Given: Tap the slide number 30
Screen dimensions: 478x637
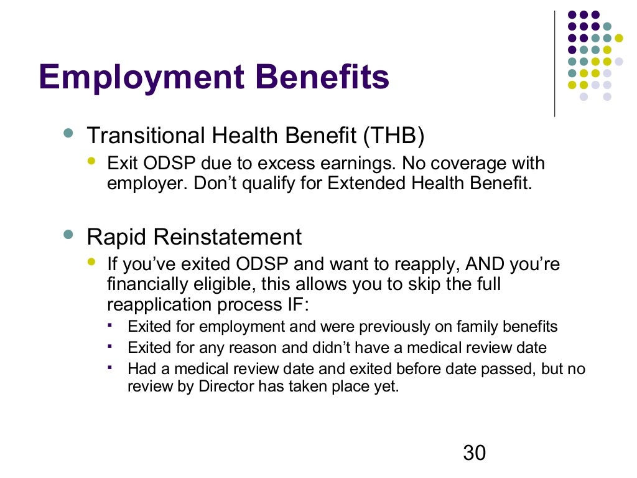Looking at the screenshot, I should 474,453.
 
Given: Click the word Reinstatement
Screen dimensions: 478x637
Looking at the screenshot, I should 229,237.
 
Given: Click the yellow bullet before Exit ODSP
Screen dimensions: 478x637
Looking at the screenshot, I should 92,161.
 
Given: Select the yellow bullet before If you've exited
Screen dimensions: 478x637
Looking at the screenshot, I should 92,261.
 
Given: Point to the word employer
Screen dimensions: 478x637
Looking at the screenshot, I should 136,185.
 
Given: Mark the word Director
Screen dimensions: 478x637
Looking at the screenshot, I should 227,386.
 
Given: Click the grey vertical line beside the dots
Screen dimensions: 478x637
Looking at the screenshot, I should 554,62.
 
